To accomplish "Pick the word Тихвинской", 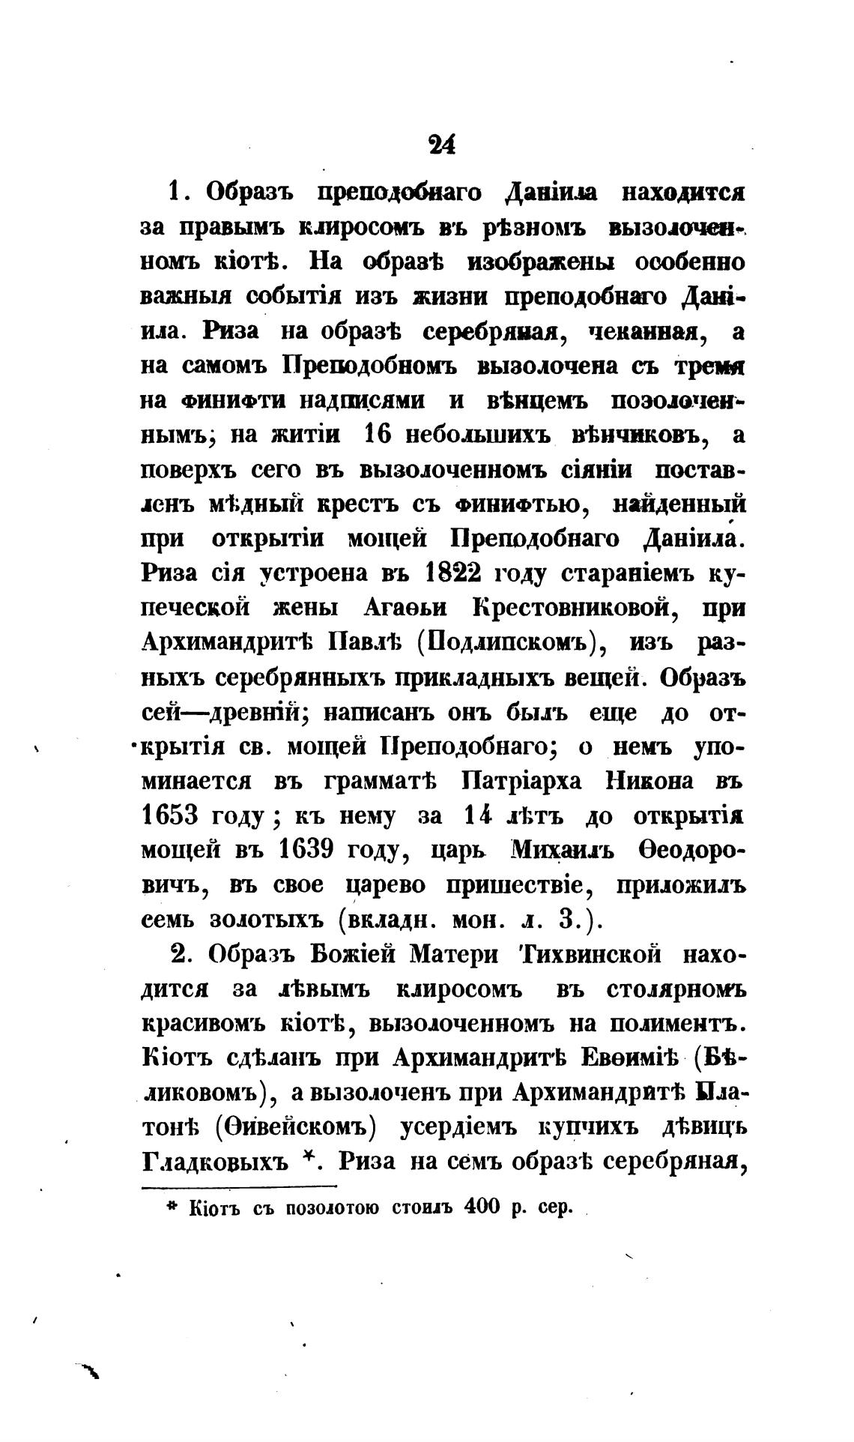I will tap(589, 954).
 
